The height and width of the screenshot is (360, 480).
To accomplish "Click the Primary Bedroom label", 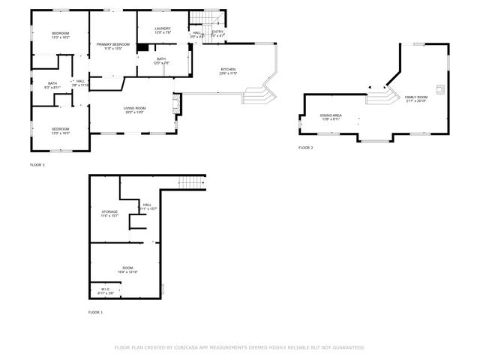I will (x=113, y=45).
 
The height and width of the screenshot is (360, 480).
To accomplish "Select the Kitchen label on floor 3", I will (x=227, y=70).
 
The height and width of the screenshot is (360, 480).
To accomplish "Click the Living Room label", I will (x=135, y=108).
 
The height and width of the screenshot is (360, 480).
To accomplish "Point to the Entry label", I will (x=217, y=32).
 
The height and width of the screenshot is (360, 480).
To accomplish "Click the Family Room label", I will (x=416, y=97).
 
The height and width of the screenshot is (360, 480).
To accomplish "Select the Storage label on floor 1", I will (x=109, y=212).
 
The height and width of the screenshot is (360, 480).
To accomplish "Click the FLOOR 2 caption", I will (x=306, y=148).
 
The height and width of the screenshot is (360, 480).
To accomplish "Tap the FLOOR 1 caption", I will (x=95, y=312).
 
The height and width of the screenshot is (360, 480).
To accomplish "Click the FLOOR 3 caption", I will (x=37, y=164).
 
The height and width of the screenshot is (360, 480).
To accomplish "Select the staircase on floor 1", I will (x=192, y=182).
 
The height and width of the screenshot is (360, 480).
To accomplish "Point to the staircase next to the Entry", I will (x=204, y=19).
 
